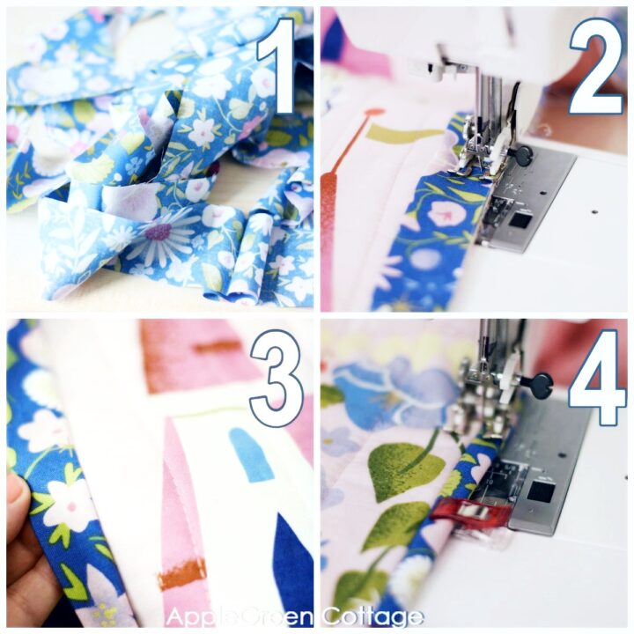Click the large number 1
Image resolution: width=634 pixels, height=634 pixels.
275,66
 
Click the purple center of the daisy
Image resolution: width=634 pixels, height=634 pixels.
159,232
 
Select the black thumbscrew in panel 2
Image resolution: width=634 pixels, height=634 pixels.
523,156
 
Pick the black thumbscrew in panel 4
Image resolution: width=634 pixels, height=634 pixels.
540,385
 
